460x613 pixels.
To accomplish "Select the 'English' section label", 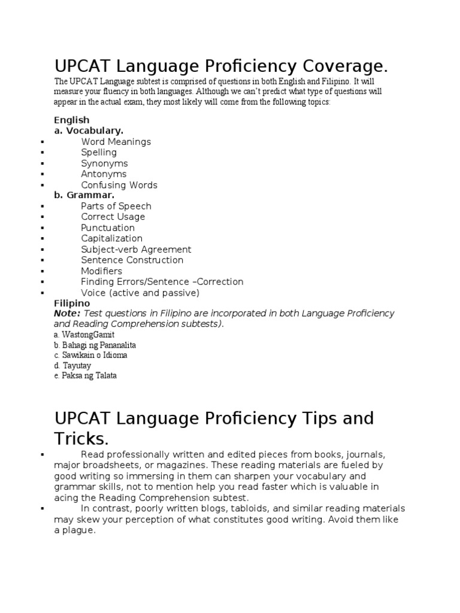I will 72,120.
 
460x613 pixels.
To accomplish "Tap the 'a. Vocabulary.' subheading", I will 89,131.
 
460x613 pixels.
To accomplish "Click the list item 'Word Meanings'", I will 116,142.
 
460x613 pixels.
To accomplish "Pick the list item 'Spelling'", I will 99,153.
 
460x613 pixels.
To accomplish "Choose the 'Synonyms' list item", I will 104,163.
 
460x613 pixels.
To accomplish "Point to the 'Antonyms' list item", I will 104,174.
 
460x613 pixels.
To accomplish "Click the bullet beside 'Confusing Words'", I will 43,186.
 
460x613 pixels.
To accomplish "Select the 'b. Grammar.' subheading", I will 84,195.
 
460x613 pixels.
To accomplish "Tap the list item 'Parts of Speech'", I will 116,206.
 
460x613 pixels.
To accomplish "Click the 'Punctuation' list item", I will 108,227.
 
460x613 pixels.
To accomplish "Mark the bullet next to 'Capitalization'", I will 43,239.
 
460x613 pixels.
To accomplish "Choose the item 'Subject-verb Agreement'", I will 136,249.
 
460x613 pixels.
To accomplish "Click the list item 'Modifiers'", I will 103,271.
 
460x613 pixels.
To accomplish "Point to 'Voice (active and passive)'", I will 140,293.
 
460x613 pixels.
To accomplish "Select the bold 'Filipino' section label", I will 72,304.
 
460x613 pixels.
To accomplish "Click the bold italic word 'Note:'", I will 67,314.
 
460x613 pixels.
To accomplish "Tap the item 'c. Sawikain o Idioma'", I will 90,355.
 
